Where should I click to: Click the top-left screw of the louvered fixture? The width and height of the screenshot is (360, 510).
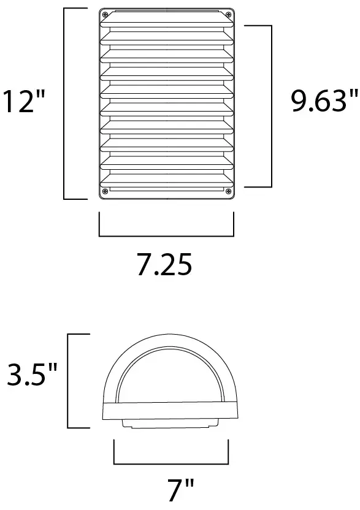tap(105, 15)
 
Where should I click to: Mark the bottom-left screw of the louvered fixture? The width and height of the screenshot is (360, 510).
tap(105, 191)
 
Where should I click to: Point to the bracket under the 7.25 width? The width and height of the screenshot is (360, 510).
tap(166, 235)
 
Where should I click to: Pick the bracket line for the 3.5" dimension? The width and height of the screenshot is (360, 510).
tap(68, 380)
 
